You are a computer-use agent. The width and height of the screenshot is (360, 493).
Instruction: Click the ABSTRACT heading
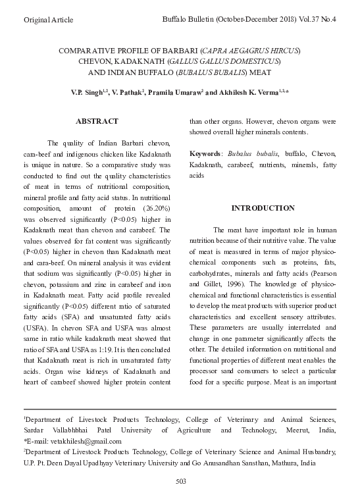97,122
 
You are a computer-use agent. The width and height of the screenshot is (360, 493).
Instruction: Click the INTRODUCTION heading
263,208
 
